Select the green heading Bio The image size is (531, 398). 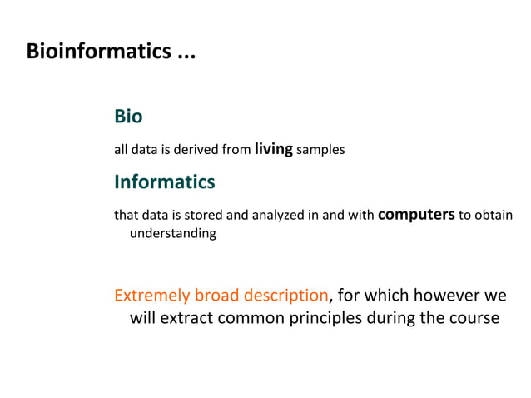(128, 117)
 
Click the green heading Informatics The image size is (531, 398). (164, 182)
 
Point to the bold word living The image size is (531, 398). (273, 149)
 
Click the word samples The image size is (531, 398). (320, 151)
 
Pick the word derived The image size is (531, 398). (200, 151)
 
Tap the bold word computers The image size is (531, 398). (416, 214)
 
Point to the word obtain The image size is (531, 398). (494, 216)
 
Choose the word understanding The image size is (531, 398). (172, 234)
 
